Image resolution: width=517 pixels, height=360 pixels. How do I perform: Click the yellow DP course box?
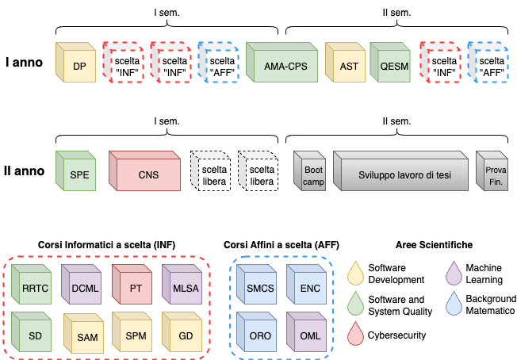coord(77,66)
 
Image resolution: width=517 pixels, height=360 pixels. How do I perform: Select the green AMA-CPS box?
coord(284,66)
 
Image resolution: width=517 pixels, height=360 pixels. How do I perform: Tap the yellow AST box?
coord(347,66)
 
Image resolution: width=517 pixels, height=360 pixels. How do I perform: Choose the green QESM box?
coord(393,66)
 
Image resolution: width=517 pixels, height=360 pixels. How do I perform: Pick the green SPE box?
coord(77,174)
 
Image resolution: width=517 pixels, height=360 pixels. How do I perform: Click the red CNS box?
coord(146,174)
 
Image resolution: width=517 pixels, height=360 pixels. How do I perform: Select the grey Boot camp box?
coord(312,174)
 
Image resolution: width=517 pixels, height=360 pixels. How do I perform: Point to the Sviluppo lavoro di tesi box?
coord(402,174)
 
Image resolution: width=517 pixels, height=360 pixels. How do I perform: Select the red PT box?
coord(135,288)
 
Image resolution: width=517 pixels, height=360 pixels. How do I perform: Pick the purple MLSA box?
coord(185,288)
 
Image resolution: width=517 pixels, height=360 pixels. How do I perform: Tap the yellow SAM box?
coord(86,337)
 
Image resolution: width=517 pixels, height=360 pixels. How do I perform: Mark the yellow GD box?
coord(185,335)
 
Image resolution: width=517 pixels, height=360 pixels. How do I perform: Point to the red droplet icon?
coord(358,332)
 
